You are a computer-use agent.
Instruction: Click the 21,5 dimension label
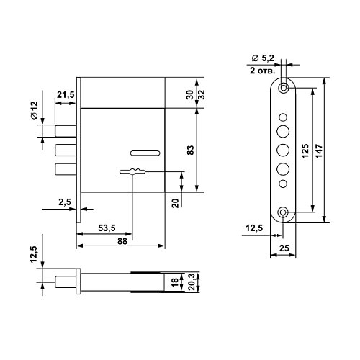[x=66, y=95]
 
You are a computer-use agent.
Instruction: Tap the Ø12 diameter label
[x=35, y=110]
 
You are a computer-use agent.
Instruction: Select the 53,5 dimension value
[x=107, y=228]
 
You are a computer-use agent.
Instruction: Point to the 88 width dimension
[x=122, y=241]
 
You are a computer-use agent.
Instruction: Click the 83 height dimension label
[x=190, y=150]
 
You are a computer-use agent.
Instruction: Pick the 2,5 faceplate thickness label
[x=65, y=202]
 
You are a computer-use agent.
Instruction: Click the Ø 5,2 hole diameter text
[x=263, y=58]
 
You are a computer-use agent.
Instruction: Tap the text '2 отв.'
[x=262, y=71]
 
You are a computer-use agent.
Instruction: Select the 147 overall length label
[x=320, y=151]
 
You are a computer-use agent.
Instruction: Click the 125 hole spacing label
[x=305, y=151]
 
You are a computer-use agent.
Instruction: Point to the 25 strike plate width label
[x=284, y=248]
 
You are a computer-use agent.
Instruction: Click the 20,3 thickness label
[x=192, y=282]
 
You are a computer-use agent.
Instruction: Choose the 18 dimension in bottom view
[x=175, y=282]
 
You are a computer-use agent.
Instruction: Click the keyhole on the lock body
[x=132, y=171]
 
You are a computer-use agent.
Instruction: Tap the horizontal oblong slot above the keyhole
[x=145, y=153]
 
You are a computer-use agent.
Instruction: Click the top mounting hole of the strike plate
[x=284, y=88]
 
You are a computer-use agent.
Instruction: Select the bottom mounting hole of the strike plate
[x=283, y=212]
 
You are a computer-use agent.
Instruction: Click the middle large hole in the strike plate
[x=283, y=150]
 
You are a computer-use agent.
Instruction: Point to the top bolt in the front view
[x=66, y=131]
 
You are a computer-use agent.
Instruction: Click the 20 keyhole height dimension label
[x=176, y=203]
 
